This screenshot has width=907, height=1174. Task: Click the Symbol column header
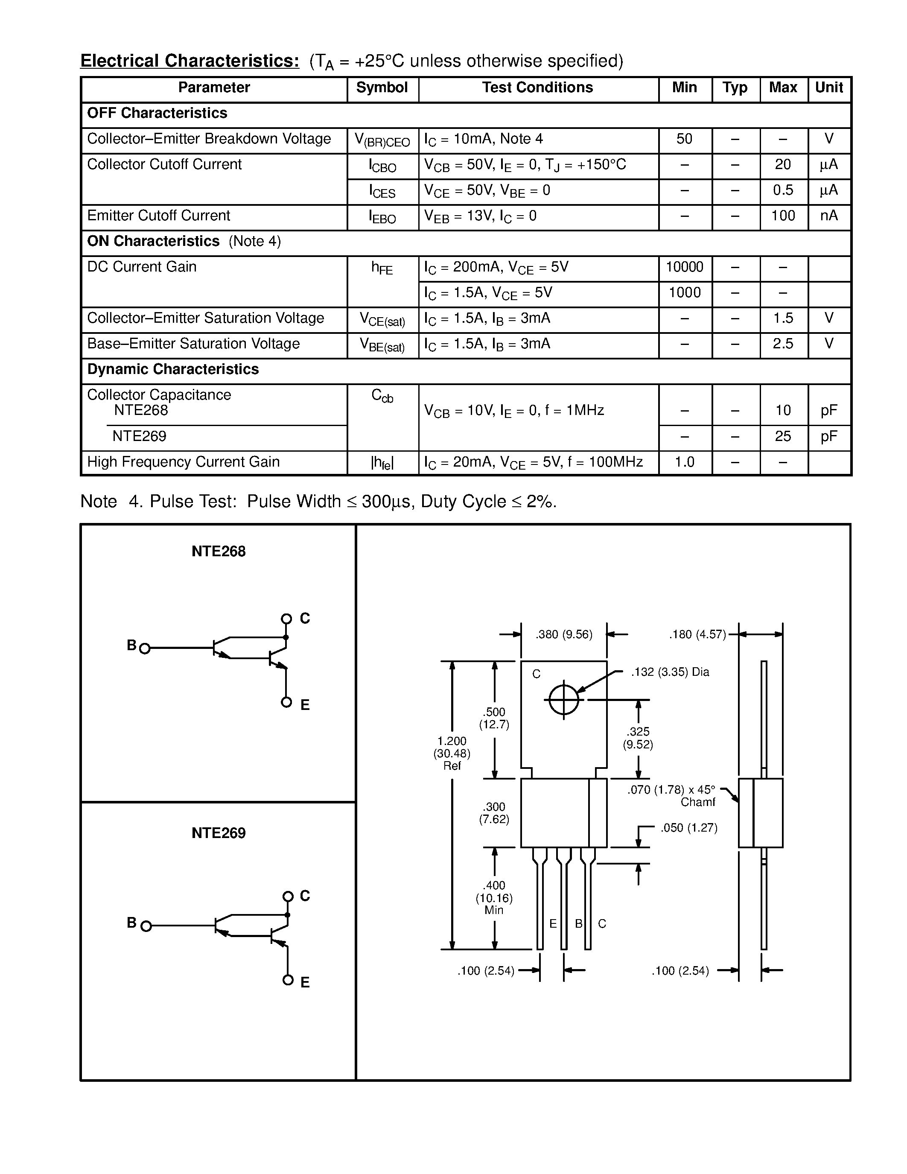[x=382, y=88]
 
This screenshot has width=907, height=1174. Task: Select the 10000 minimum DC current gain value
[x=684, y=267]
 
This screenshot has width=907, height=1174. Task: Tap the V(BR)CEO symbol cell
[x=382, y=140]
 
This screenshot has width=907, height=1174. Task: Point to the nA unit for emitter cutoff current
[x=828, y=216]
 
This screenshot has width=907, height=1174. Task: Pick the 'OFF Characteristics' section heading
[x=157, y=113]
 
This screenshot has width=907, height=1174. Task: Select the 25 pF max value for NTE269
[x=782, y=436]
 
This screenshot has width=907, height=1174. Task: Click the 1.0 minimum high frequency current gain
[x=684, y=462]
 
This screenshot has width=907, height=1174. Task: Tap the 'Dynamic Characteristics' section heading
[x=172, y=369]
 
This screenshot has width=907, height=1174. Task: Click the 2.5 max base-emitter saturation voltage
[x=782, y=344]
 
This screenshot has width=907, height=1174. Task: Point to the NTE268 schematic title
[x=218, y=552]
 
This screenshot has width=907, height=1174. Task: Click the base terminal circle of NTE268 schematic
[x=144, y=649]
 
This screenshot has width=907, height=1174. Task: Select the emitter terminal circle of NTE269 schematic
[x=288, y=980]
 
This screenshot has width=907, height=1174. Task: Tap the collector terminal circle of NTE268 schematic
[x=286, y=619]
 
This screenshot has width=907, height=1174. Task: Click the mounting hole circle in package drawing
[x=564, y=700]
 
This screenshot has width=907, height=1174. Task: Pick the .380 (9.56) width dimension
[x=564, y=634]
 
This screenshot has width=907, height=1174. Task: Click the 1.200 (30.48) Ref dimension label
[x=452, y=753]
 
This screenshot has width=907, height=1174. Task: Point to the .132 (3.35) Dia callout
[x=670, y=672]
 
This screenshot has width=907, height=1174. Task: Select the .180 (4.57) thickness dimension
[x=697, y=634]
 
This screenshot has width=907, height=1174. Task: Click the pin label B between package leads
[x=579, y=923]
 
